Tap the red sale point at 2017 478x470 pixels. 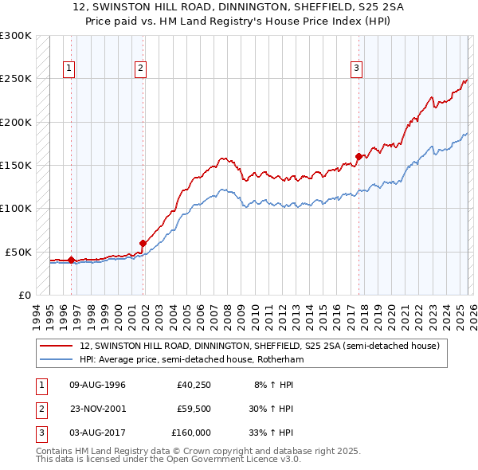358,156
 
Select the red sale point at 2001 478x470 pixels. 143,243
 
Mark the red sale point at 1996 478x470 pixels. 71,260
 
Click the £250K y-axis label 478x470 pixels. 15,79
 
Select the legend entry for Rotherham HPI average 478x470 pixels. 191,359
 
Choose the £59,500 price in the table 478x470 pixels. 193,409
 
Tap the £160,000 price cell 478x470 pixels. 191,433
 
